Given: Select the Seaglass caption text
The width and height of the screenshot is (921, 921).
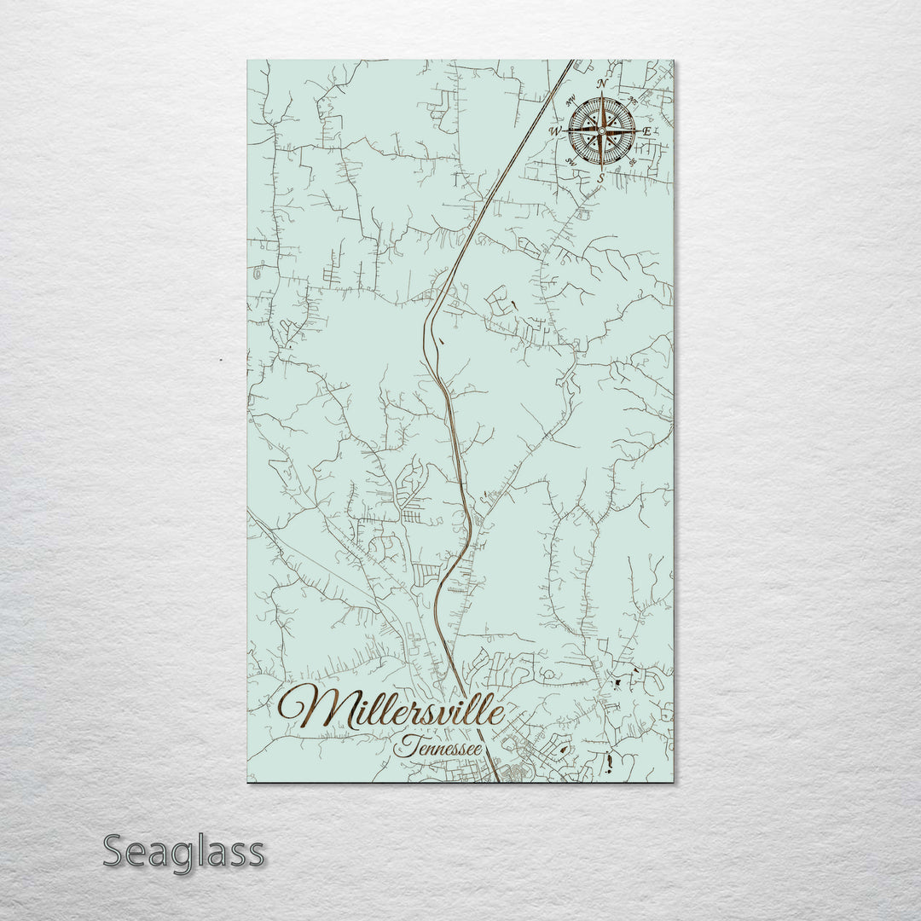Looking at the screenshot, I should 184,851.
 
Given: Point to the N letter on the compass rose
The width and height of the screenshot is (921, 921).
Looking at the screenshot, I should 602,84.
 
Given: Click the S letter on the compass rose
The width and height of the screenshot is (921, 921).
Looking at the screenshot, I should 601,177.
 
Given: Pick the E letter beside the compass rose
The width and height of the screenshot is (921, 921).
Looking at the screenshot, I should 646,131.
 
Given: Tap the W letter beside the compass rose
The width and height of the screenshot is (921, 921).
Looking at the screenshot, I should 555,131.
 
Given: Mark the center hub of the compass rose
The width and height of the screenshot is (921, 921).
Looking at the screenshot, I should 601,130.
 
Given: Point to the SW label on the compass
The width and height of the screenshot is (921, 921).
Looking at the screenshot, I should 571,162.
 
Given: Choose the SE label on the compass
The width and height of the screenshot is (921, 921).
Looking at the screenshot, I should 632,162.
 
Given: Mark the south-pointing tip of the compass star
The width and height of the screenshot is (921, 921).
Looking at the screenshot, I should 601,165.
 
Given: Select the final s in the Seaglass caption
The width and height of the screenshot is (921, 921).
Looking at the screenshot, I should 254,854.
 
